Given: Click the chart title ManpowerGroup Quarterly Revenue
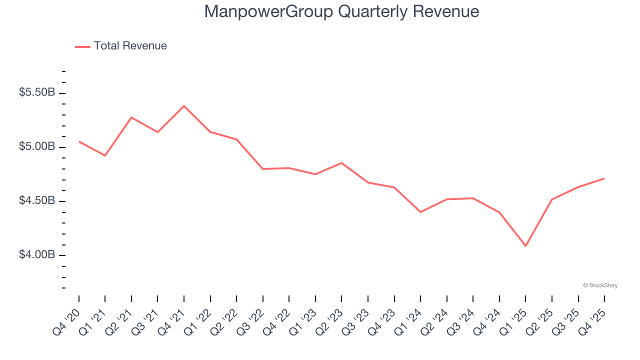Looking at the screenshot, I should [x=341, y=12].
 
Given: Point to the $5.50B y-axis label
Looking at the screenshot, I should [x=37, y=92].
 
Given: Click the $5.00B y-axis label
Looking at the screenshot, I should [x=37, y=146].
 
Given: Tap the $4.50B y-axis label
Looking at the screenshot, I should [x=37, y=200].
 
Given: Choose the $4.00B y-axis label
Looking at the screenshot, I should [x=37, y=254].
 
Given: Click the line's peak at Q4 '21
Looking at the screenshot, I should [x=184, y=106].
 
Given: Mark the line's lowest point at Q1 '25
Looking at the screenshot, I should [x=525, y=246].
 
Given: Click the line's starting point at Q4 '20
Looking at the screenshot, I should [x=79, y=141].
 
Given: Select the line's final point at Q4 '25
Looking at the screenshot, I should [x=604, y=178].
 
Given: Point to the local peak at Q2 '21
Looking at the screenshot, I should [x=131, y=117].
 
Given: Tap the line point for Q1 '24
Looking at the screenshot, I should [x=420, y=212].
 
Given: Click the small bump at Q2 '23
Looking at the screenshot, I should [x=341, y=163].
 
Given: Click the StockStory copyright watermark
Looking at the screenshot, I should [x=600, y=285].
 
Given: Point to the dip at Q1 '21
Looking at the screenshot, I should [x=105, y=155].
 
